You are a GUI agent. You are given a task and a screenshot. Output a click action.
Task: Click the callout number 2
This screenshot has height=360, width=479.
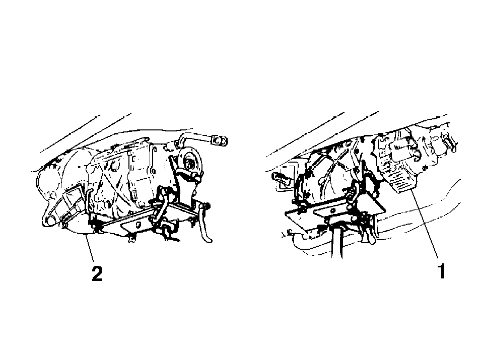coord(97,273)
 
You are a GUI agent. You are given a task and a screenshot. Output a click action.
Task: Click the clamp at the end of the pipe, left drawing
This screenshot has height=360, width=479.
coord(220,140)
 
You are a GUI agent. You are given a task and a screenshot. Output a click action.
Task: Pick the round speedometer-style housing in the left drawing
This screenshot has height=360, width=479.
coord(190,160)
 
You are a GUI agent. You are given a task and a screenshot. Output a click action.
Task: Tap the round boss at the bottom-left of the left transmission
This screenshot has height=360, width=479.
coord(48,221)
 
